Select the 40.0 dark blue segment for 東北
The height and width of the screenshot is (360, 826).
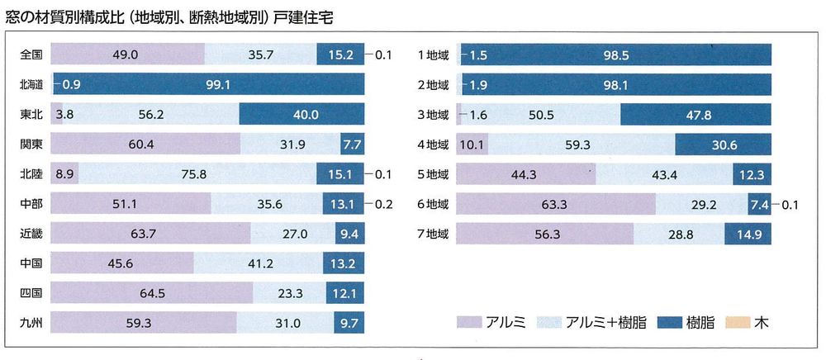click(301, 115)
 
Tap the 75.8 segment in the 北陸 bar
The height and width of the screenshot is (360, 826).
click(197, 174)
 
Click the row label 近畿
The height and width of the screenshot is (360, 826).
click(31, 233)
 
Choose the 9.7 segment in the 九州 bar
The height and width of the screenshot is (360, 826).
click(347, 322)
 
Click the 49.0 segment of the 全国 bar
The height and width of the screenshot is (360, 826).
click(128, 55)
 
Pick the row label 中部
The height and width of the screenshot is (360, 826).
click(31, 203)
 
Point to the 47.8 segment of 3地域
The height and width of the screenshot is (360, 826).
click(696, 115)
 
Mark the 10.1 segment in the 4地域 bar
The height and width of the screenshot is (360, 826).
click(473, 144)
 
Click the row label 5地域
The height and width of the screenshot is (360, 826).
click(433, 174)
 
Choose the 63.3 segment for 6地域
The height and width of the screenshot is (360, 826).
click(556, 203)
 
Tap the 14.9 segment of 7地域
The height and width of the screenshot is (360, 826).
click(748, 233)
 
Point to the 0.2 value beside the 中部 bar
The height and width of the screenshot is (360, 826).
click(383, 203)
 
